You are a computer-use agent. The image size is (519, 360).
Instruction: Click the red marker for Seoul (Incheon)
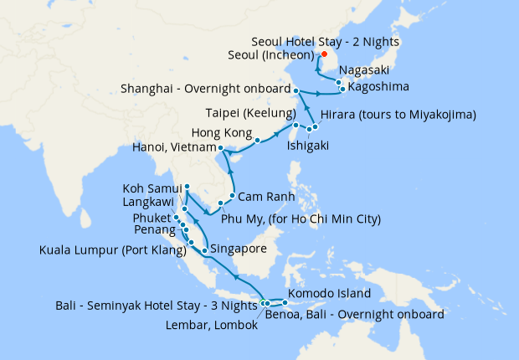tap(324, 56)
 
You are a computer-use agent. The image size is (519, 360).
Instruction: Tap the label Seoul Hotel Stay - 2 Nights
tap(326, 41)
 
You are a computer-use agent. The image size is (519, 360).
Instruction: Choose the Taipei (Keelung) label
tap(250, 113)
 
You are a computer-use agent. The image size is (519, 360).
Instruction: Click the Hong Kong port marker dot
tap(257, 140)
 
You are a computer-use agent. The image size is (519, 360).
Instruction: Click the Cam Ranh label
tap(264, 197)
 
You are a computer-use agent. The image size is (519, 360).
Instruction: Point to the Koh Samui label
tap(152, 188)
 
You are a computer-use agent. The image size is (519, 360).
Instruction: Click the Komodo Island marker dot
tap(286, 302)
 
